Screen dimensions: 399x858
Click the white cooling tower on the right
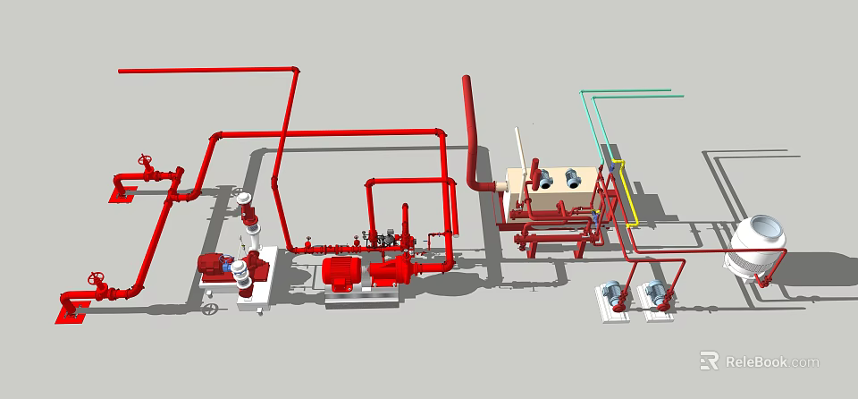click(x=757, y=251)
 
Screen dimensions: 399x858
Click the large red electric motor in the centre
click(x=341, y=273)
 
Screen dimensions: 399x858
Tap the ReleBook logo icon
click(x=710, y=361)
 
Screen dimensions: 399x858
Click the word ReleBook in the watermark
click(x=755, y=361)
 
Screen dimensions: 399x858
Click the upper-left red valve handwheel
click(x=146, y=163)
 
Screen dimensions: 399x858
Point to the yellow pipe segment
click(x=625, y=192)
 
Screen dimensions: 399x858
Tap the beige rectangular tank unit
click(x=549, y=192)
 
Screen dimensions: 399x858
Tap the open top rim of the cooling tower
click(x=765, y=225)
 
